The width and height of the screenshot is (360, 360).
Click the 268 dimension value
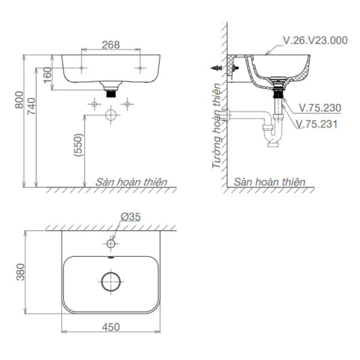(x=110, y=44)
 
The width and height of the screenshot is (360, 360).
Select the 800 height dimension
(x=19, y=100)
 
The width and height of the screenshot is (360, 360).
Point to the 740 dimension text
(x=32, y=107)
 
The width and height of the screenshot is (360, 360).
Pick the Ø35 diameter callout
(x=130, y=217)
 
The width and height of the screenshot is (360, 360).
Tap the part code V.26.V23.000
(x=315, y=41)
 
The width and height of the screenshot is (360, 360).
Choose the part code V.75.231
(x=317, y=124)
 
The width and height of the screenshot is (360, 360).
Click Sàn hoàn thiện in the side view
(x=269, y=181)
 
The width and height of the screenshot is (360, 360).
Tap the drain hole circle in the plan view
(x=110, y=281)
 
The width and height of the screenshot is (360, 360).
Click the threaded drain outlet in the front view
(x=110, y=92)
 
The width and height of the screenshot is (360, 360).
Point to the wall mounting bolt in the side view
(x=216, y=68)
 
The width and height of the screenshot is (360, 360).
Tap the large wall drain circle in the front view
(x=110, y=115)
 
